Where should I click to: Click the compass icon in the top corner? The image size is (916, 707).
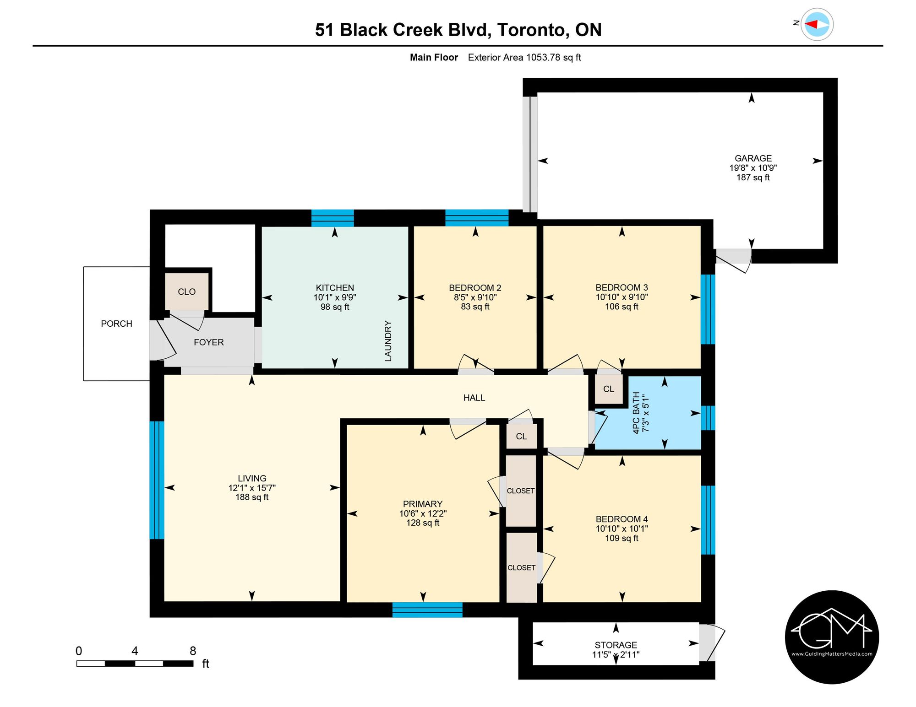[817, 24]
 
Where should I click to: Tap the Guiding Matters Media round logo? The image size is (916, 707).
[832, 637]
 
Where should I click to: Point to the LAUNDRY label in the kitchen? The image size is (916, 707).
[388, 341]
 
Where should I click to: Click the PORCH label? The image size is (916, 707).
[116, 324]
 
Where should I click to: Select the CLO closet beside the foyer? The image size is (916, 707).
[187, 291]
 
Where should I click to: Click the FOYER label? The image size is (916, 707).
[209, 342]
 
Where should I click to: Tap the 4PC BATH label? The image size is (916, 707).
[636, 413]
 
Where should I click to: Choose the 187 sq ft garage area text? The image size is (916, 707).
[753, 178]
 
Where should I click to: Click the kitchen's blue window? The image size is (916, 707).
[333, 218]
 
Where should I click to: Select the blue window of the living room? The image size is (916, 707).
[157, 480]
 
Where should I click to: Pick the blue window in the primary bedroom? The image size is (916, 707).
[427, 610]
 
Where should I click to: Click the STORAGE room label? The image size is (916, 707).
[616, 645]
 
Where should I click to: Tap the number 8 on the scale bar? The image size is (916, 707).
[193, 651]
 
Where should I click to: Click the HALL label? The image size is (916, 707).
[474, 398]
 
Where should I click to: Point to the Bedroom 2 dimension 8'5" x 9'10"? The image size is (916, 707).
[475, 297]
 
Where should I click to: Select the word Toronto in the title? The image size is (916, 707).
[530, 30]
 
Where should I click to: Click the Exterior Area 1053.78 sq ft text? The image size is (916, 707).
[524, 57]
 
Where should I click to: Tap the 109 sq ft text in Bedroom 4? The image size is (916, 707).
[622, 538]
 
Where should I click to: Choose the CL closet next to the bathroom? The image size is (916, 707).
[609, 389]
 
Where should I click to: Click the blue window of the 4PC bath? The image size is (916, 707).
[708, 418]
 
